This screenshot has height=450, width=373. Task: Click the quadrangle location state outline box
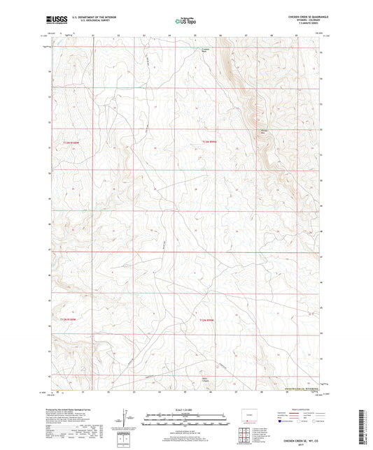tap(248, 412)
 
